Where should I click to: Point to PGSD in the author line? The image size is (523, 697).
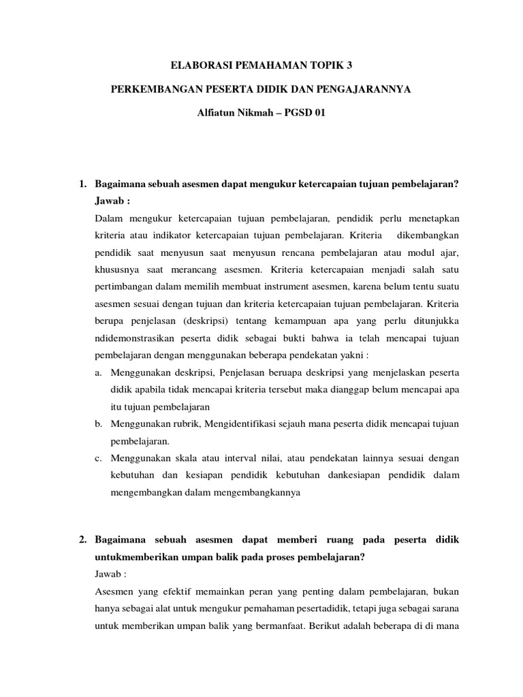pyautogui.click(x=296, y=113)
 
